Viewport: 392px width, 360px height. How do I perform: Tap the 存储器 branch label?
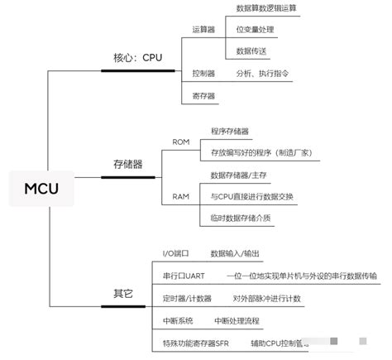tap(127, 165)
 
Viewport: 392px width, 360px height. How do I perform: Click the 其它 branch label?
tap(122, 294)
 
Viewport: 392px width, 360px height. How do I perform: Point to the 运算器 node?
tap(203, 29)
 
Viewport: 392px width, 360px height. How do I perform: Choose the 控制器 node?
tap(203, 74)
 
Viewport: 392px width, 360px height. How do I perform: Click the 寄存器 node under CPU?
tap(203, 96)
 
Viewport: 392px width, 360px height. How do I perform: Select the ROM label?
tap(181, 142)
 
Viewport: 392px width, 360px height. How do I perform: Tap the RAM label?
tap(181, 197)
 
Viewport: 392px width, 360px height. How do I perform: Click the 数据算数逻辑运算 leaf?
tap(266, 7)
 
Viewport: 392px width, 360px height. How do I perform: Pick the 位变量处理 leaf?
tap(255, 30)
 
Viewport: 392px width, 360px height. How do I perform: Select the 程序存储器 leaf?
tap(230, 131)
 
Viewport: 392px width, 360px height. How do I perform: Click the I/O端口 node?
tap(175, 253)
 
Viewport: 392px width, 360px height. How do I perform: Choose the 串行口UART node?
tap(183, 276)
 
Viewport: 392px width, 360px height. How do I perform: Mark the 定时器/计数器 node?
tap(187, 298)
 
